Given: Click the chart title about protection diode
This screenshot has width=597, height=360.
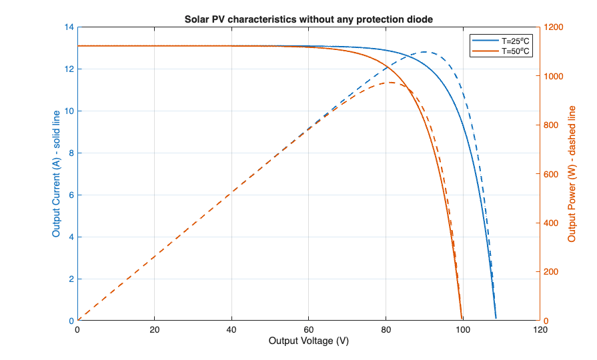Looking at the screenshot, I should tap(309, 19).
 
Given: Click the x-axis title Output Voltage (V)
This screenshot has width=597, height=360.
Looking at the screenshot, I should tap(309, 341).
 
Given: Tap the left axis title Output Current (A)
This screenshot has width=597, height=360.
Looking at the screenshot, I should tap(56, 174).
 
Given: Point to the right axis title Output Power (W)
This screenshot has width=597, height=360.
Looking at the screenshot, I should tap(572, 174).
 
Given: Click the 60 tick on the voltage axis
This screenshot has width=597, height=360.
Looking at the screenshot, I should tap(308, 329).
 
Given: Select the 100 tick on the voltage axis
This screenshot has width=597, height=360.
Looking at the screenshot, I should tap(462, 329).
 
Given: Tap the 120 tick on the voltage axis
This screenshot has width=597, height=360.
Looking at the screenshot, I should tap(539, 329).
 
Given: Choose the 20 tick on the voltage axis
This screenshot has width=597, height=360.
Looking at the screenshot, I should tap(155, 329).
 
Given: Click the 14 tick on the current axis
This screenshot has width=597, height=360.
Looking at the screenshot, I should tap(69, 27).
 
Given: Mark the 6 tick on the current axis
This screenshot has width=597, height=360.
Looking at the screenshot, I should tap(71, 195).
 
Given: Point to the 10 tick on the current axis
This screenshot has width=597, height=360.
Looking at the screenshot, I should tap(69, 111).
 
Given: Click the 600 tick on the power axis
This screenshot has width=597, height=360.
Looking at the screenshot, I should tap(551, 174).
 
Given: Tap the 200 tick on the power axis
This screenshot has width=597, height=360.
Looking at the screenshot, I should tap(551, 272).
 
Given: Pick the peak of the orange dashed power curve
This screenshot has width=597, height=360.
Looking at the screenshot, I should tap(391, 83).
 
